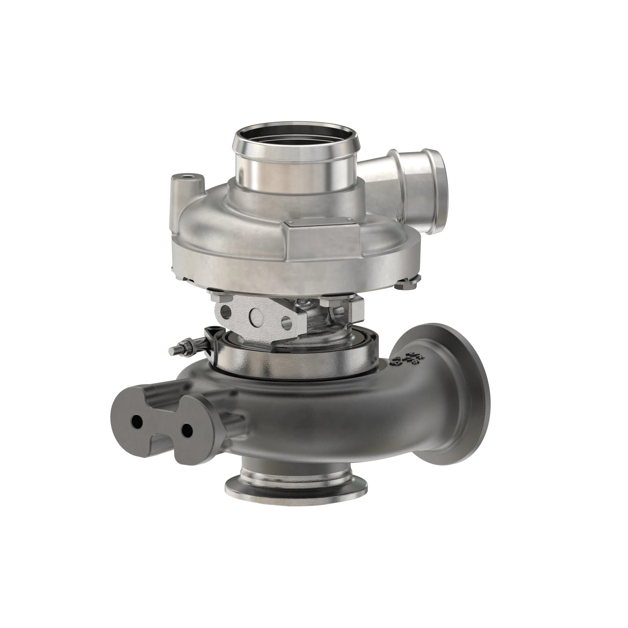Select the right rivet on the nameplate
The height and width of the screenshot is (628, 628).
tap(350, 222)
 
